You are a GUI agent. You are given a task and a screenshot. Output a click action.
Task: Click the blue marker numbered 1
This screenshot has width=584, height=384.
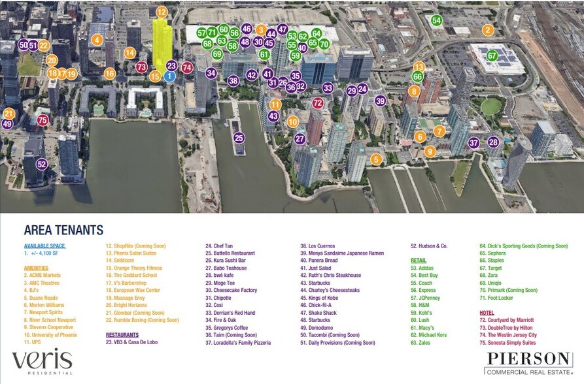[169, 76]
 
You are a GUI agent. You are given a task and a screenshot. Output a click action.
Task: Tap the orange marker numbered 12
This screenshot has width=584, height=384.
[162, 12]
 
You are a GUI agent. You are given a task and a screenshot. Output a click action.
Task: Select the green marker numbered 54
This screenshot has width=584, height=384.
[436, 20]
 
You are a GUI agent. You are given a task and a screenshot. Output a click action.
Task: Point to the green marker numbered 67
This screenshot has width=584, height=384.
[492, 56]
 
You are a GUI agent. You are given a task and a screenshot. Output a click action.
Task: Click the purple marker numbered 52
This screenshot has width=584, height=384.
[42, 165]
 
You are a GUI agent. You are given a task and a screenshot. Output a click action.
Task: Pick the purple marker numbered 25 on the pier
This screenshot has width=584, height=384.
[239, 138]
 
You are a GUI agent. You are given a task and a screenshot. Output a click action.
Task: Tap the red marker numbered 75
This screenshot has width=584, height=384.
[43, 120]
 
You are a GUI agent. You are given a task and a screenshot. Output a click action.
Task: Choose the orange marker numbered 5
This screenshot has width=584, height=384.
[375, 159]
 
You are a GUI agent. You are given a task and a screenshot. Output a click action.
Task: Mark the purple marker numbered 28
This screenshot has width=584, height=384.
[493, 142]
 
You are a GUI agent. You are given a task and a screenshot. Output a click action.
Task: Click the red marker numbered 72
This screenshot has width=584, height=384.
[318, 103]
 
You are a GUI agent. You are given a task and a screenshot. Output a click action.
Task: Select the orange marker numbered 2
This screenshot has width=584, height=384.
[487, 30]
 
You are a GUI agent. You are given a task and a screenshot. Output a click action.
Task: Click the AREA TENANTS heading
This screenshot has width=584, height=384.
[63, 230]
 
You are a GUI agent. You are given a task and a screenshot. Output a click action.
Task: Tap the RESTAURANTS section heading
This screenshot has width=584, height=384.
[122, 334]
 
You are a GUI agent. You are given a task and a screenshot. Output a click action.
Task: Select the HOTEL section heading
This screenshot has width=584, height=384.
[487, 313]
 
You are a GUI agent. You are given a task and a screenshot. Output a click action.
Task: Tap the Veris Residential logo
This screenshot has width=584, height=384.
[42, 362]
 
